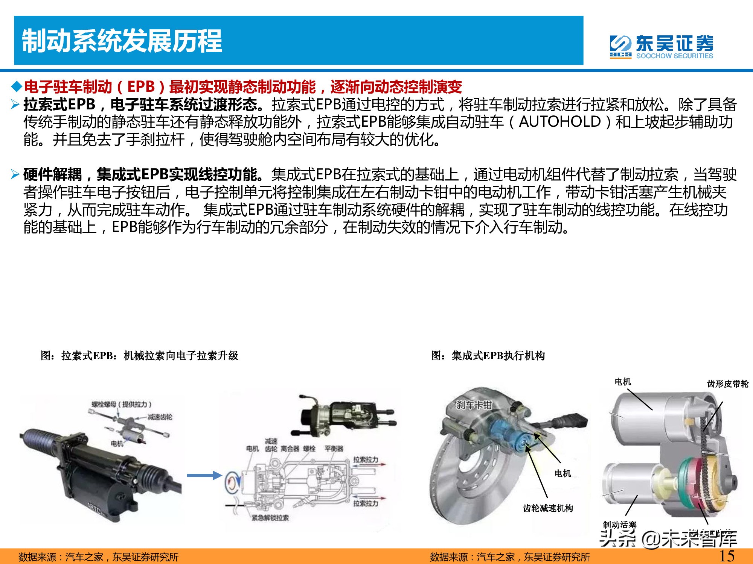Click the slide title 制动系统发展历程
122,41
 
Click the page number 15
727,555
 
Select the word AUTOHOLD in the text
560,122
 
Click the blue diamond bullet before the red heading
17,87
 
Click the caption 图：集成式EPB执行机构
488,355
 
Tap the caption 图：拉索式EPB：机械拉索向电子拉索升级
139,355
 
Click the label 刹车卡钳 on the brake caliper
474,405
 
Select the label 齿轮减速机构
548,508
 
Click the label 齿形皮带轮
727,384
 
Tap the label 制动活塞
619,525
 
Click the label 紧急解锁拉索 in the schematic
270,518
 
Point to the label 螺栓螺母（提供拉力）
122,404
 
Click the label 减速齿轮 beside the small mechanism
160,417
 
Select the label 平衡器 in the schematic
334,449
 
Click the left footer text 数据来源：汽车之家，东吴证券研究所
99,557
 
